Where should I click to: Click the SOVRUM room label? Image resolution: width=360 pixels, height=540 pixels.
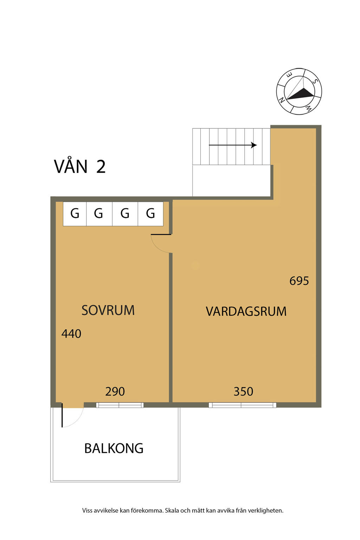pyautogui.click(x=108, y=310)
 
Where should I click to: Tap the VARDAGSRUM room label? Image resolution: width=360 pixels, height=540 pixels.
pyautogui.click(x=246, y=311)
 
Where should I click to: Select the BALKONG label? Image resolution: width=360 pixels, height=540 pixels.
pyautogui.click(x=114, y=448)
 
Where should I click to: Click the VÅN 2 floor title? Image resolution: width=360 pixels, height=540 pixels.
pyautogui.click(x=79, y=166)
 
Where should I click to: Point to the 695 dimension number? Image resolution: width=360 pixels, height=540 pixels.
pyautogui.click(x=299, y=281)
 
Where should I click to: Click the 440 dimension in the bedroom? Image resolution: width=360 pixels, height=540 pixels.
pyautogui.click(x=71, y=334)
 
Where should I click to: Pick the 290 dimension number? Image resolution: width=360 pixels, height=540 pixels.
pyautogui.click(x=115, y=392)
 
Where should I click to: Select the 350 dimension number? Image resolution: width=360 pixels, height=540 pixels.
pyautogui.click(x=243, y=392)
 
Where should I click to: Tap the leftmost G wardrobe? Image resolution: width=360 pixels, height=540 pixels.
pyautogui.click(x=75, y=214)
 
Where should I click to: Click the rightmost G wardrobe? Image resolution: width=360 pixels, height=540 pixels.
pyautogui.click(x=150, y=214)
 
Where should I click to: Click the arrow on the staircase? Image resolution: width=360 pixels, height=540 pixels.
pyautogui.click(x=233, y=145)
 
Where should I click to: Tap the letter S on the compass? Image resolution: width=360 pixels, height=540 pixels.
pyautogui.click(x=315, y=81)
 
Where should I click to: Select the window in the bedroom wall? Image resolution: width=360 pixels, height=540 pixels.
pyautogui.click(x=120, y=405)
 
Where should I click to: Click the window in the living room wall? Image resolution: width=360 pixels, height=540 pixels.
pyautogui.click(x=242, y=405)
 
